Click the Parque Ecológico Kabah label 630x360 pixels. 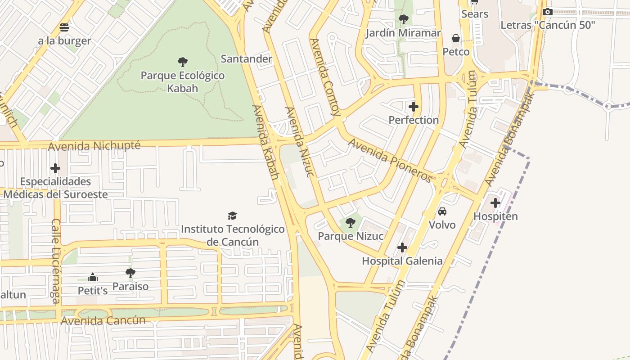click(183, 81)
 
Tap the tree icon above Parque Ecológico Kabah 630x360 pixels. click(183, 62)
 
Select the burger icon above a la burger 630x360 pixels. click(64, 27)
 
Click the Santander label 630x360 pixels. click(246, 59)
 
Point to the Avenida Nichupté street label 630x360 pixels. click(94, 146)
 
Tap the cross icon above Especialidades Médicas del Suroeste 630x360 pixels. click(55, 168)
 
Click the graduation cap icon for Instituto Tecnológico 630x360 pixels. click(232, 216)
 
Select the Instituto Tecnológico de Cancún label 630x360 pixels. click(233, 235)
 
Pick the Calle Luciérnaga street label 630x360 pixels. click(56, 261)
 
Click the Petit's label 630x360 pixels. click(93, 291)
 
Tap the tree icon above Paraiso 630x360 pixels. click(130, 273)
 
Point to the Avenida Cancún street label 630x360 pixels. click(103, 320)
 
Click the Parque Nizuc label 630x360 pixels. click(351, 236)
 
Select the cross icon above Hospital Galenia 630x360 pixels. click(402, 247)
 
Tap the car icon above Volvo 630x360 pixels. click(442, 211)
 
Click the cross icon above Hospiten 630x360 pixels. click(495, 203)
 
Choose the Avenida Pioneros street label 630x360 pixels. click(390, 160)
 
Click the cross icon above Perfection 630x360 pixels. click(414, 107)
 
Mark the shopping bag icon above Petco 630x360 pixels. click(456, 38)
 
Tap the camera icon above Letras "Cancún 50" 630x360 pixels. click(548, 12)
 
